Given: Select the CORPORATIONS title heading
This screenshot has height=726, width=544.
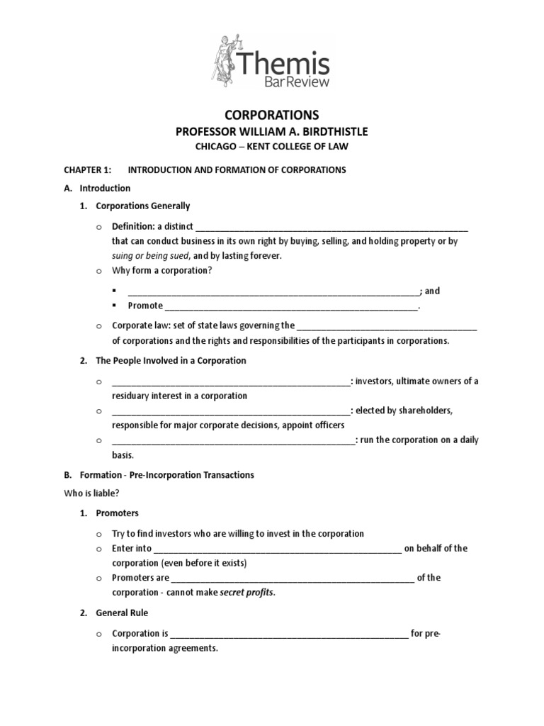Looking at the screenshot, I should [x=272, y=115].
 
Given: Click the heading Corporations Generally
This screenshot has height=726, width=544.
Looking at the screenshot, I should [x=143, y=206].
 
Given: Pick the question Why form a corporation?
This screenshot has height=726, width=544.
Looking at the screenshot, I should [x=162, y=271].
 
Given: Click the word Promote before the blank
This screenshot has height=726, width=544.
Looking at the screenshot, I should [x=145, y=306].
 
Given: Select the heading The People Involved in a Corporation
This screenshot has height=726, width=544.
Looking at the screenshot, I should [x=171, y=360].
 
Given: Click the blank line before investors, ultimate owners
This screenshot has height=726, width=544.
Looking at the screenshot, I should [x=231, y=381].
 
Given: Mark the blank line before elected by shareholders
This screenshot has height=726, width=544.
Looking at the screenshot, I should [x=231, y=411].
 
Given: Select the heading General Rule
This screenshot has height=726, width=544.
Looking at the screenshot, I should [x=122, y=613].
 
